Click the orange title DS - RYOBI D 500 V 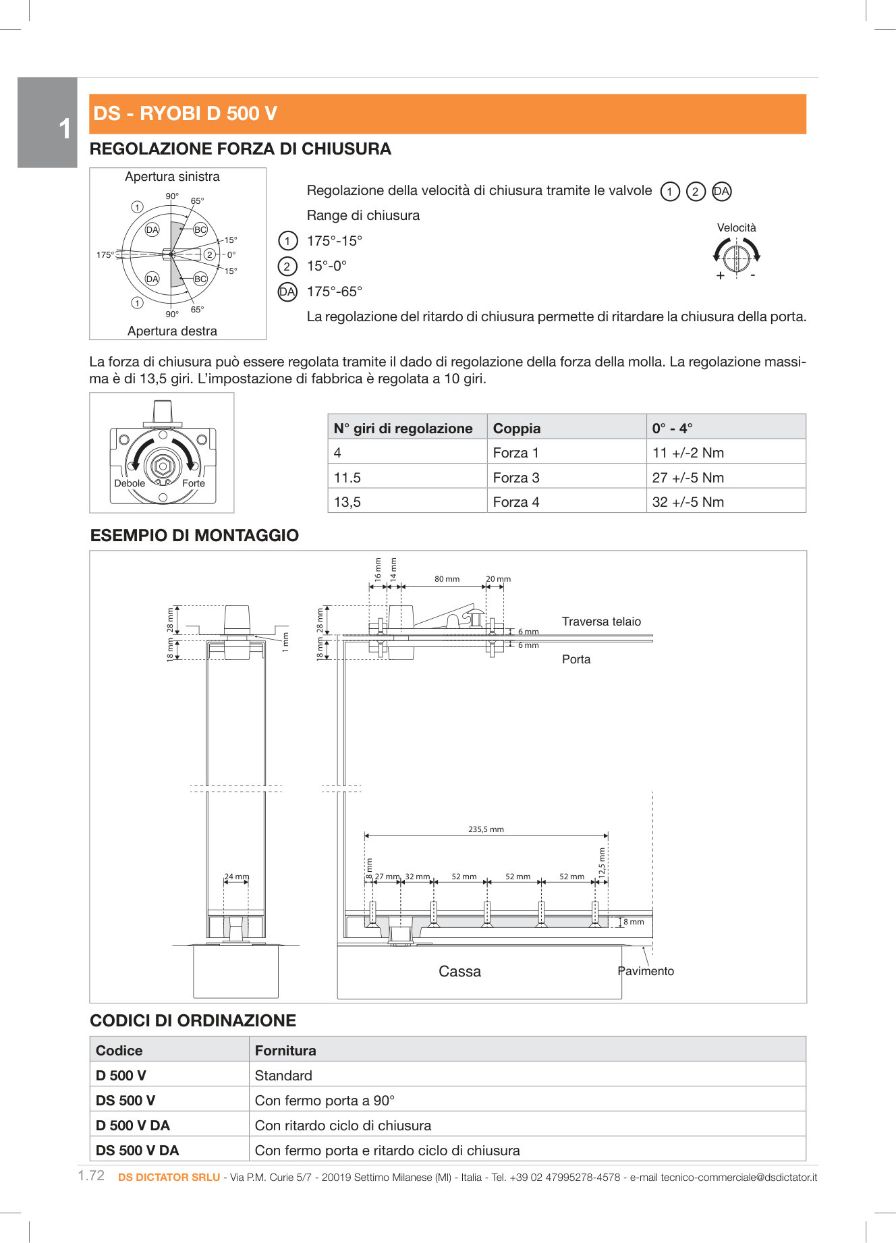pos(185,113)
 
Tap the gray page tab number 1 pos(64,128)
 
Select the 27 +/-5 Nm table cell pos(688,478)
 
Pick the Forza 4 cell pos(516,502)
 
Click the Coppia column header pos(517,429)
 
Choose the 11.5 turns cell pos(347,478)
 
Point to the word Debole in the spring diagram pos(130,483)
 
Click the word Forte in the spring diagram pos(194,483)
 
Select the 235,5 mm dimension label pos(486,829)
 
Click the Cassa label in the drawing pos(459,972)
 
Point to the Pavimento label pos(646,971)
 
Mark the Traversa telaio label pos(601,621)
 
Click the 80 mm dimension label pos(447,579)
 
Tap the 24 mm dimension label pos(237,877)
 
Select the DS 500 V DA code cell pos(138,1151)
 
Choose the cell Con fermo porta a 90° pos(325,1101)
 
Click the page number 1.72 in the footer pos(91,1176)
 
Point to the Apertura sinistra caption pos(172,177)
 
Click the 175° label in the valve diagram pos(105,255)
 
